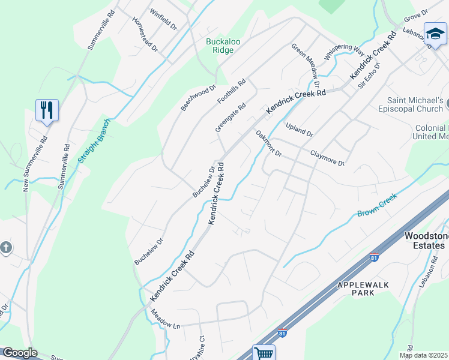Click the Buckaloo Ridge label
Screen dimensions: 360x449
coord(223,46)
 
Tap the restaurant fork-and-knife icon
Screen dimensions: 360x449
coord(47,110)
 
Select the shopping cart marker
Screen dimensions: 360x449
coord(264,353)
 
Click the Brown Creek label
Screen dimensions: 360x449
coord(377,205)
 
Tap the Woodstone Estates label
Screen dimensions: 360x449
coord(424,241)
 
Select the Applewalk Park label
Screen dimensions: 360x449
coord(364,288)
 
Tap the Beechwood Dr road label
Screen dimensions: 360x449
coord(198,98)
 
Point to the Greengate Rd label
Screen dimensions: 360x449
coord(231,118)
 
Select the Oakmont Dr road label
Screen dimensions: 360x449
coord(268,144)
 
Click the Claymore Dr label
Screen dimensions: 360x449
coord(327,158)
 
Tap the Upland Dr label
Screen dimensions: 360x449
coord(300,129)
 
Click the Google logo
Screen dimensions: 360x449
coord(19,353)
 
